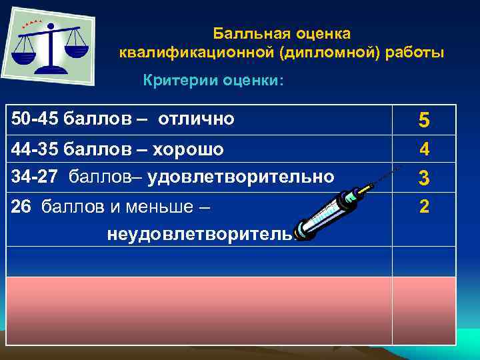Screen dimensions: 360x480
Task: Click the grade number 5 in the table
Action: click(x=424, y=120)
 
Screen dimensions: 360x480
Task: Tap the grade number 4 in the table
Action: click(x=424, y=149)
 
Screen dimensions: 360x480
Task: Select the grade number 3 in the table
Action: click(x=424, y=178)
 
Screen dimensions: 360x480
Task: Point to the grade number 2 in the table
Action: click(x=424, y=207)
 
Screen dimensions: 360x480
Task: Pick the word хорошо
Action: click(x=189, y=149)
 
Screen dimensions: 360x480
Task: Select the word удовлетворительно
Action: click(x=241, y=177)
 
